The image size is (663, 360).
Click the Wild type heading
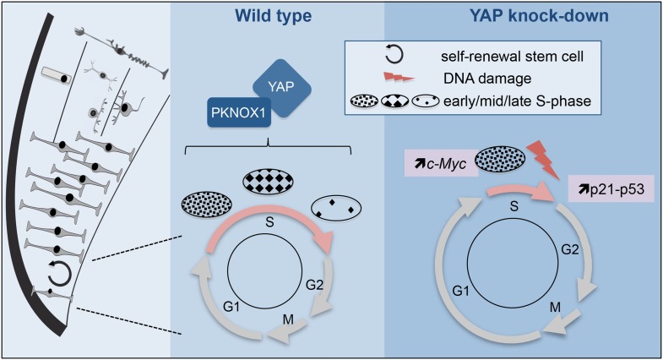pos(275,14)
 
